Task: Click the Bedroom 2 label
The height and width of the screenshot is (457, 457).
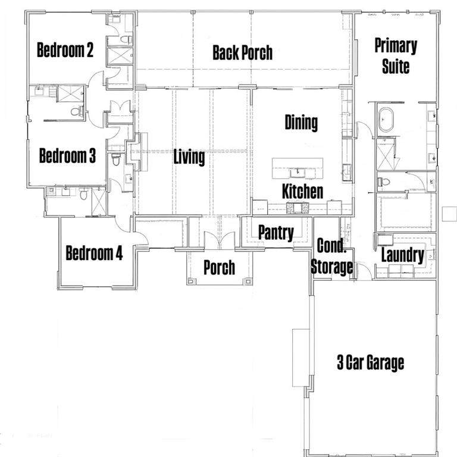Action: tap(65, 50)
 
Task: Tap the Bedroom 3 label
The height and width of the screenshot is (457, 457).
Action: tap(67, 155)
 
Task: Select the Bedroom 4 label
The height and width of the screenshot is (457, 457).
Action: tap(94, 253)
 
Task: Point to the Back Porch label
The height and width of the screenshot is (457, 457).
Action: tap(243, 53)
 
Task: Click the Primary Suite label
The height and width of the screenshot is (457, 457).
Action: tap(396, 56)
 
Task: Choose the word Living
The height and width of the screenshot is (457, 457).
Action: tap(189, 157)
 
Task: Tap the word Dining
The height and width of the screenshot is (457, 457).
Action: tap(301, 123)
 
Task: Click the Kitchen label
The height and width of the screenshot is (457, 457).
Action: tap(302, 191)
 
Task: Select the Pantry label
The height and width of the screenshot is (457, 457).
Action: tap(276, 233)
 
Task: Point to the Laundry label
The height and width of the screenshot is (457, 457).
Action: tap(403, 255)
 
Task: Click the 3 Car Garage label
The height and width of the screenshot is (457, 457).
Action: tap(371, 362)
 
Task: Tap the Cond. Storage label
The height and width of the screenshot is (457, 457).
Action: tap(331, 256)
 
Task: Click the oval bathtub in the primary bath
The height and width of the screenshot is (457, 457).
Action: tap(386, 120)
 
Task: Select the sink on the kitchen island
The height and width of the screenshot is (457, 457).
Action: tap(298, 173)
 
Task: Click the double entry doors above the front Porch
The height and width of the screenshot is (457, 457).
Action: tap(220, 240)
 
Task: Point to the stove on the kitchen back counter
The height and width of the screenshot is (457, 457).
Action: tap(298, 208)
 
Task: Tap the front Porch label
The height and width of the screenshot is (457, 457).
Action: tap(219, 268)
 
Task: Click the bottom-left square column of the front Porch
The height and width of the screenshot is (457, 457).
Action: tap(190, 281)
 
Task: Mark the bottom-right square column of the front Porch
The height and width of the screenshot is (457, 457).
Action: tap(248, 281)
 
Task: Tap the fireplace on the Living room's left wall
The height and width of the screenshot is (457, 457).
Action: tap(136, 152)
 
